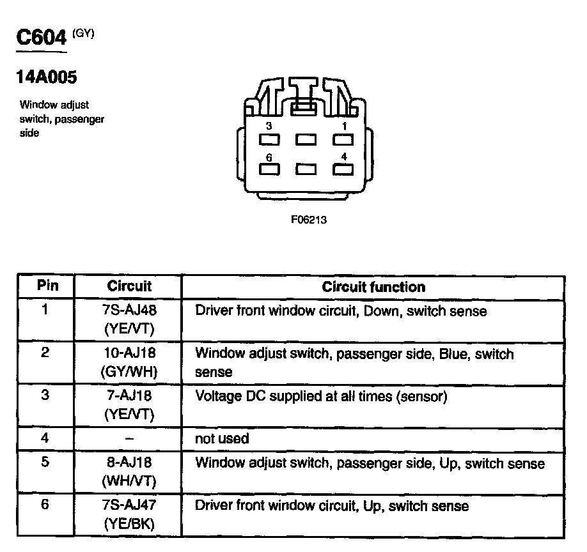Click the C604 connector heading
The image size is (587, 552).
(x=42, y=38)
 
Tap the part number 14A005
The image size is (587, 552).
(x=46, y=78)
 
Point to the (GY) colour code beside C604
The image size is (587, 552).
(x=83, y=34)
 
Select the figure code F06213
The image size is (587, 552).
(x=309, y=220)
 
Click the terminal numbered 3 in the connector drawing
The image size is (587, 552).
(x=269, y=139)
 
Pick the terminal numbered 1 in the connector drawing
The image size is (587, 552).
(x=343, y=139)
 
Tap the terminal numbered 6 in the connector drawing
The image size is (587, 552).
(x=269, y=169)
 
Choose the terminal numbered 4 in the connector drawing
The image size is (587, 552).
(x=343, y=169)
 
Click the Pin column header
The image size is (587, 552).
(x=47, y=286)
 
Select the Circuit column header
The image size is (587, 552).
(x=129, y=286)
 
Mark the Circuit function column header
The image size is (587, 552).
(x=373, y=287)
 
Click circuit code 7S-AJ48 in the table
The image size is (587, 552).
(x=129, y=312)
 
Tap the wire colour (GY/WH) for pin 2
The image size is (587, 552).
(x=129, y=371)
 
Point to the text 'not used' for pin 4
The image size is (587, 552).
(x=222, y=438)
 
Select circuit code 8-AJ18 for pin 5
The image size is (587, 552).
(x=129, y=463)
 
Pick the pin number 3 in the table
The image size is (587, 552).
(x=45, y=395)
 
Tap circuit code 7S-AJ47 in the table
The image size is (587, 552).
(x=129, y=506)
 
